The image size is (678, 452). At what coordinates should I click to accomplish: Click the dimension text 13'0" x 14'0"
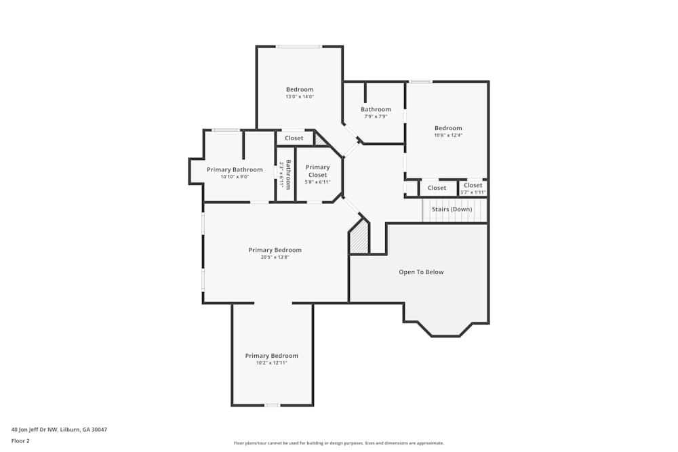coord(299,97)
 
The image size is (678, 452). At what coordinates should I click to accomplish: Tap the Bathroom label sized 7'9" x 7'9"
coord(376,109)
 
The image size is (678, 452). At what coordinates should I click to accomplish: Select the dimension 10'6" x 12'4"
coord(448,135)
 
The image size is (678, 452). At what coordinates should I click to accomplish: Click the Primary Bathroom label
coord(235,169)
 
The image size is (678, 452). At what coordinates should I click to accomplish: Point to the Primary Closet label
coord(317,171)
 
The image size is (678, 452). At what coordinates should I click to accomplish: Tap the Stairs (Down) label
coord(452,209)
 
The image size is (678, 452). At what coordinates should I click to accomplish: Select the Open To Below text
coord(421,272)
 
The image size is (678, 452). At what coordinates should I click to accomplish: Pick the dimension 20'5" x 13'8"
coord(275,257)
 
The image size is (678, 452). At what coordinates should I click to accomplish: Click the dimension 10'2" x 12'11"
coord(271,363)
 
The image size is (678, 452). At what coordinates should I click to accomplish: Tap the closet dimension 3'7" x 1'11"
coord(473,192)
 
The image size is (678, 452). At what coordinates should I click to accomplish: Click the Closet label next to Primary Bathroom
coord(294,138)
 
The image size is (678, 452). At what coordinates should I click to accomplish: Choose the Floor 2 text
coord(20,440)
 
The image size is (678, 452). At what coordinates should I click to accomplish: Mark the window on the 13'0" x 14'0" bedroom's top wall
coord(299,47)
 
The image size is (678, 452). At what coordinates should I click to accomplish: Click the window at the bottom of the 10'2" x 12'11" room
coord(272,405)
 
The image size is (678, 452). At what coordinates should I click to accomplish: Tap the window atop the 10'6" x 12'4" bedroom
coord(420,82)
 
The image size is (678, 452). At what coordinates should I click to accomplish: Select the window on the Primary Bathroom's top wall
coord(226,130)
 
